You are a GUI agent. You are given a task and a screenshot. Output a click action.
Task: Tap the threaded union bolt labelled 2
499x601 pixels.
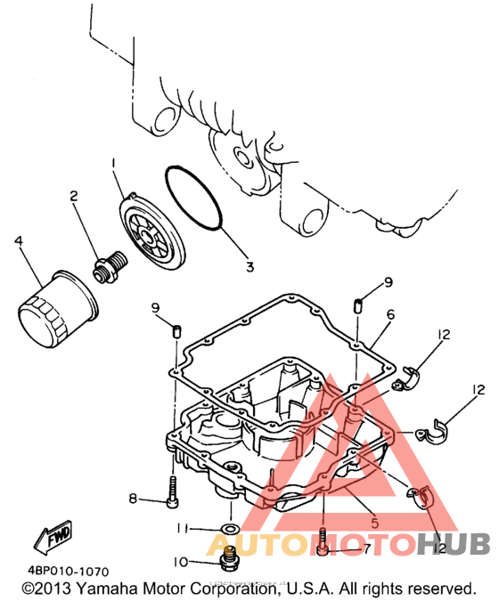[x=110, y=267]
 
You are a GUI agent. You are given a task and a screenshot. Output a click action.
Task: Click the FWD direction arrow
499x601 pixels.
[x=53, y=538]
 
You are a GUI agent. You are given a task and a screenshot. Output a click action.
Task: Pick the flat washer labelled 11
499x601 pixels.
[x=231, y=529]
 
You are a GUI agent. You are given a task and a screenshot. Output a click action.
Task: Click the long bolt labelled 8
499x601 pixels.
[x=173, y=492]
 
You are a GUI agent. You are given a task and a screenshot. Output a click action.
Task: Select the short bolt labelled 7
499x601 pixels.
[x=323, y=541]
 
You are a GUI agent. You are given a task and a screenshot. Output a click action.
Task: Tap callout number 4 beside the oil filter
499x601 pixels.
[x=19, y=241]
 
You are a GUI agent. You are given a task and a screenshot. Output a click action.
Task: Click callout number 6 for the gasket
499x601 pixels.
[x=390, y=315]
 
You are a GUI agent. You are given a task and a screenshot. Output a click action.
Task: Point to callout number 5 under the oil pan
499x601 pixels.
[x=375, y=523]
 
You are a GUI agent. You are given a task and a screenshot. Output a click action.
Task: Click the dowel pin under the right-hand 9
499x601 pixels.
[x=357, y=306]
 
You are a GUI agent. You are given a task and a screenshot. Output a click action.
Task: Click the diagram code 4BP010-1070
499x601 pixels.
[x=68, y=572]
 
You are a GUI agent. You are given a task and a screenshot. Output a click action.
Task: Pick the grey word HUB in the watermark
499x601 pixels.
[x=454, y=544]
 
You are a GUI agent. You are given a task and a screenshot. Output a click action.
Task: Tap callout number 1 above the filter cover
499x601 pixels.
[x=113, y=163]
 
